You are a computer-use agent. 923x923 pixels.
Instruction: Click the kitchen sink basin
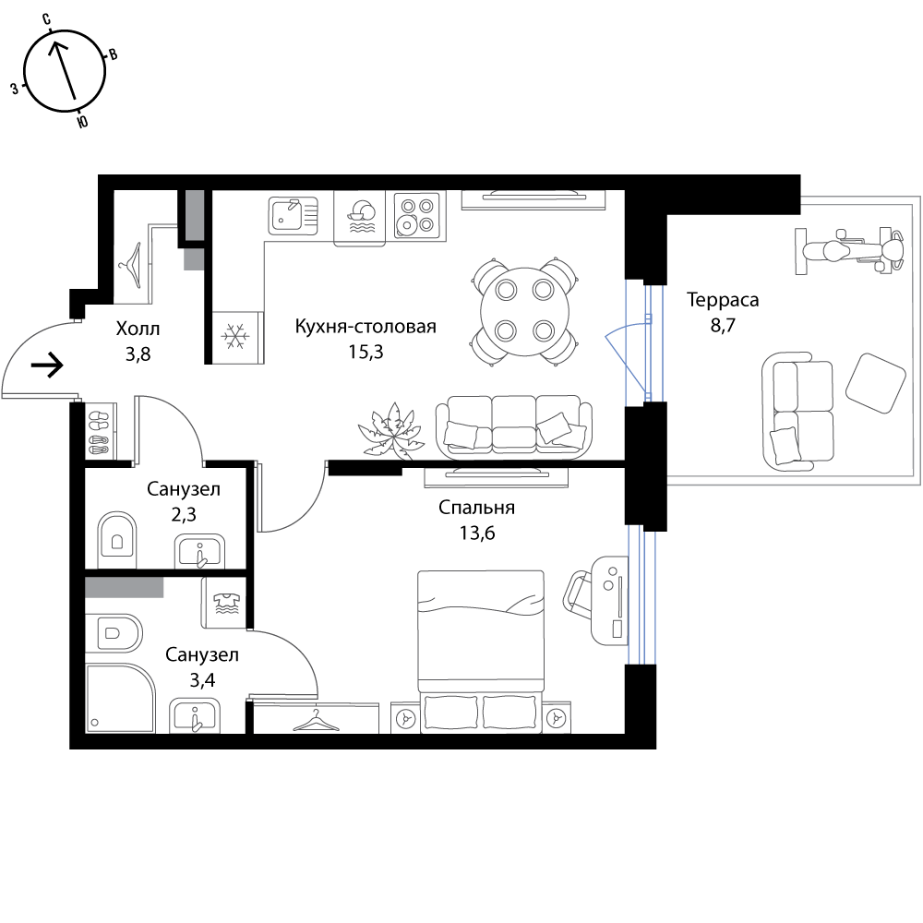(x=287, y=216)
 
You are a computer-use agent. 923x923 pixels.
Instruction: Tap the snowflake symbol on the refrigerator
(x=236, y=336)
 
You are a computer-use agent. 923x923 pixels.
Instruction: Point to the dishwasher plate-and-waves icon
(x=360, y=218)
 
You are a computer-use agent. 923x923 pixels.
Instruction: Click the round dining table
(x=524, y=310)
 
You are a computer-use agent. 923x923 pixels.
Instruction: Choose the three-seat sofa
(x=513, y=427)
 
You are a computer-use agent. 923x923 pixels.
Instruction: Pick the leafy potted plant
(x=391, y=431)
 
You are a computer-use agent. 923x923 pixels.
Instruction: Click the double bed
(x=480, y=637)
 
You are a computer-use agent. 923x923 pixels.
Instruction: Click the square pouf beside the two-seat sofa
(x=875, y=382)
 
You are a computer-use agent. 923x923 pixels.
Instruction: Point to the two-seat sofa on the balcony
(x=798, y=412)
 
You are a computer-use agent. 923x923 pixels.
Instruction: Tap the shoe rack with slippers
(x=100, y=431)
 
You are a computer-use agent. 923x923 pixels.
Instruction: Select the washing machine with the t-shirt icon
(x=224, y=603)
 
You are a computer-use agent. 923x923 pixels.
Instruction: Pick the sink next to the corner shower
(x=195, y=715)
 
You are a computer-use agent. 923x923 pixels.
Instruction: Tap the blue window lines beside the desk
(x=642, y=595)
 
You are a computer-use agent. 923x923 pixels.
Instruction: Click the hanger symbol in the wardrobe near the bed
(x=315, y=721)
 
